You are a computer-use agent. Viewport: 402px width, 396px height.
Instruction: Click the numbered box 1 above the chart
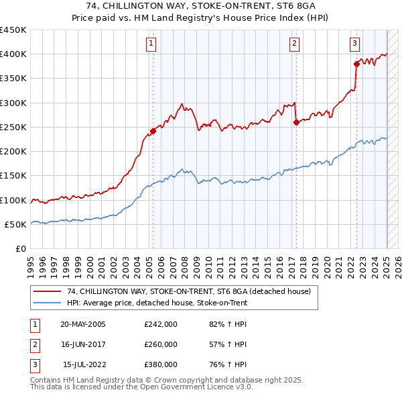(152, 44)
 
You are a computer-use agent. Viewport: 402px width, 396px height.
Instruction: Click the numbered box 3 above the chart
(354, 44)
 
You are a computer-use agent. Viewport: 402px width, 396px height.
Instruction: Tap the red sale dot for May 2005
(153, 131)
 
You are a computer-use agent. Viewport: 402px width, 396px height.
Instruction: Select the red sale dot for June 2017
(295, 122)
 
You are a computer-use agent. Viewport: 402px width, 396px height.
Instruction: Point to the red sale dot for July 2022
(356, 64)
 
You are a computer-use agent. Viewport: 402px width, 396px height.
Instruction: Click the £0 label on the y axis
(20, 249)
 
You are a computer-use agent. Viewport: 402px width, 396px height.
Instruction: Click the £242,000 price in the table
(160, 324)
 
